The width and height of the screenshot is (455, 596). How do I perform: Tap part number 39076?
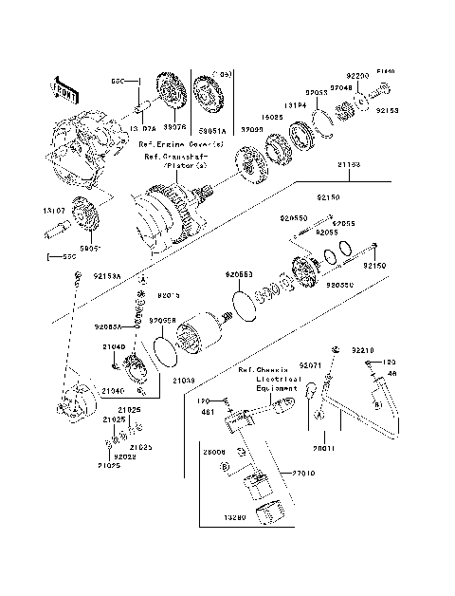click(x=173, y=126)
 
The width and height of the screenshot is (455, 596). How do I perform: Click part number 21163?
click(x=348, y=164)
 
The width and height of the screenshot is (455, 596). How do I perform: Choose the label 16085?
click(x=274, y=119)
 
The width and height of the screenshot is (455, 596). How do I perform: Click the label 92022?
click(x=125, y=456)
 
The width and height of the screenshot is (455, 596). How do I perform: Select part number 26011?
click(x=324, y=446)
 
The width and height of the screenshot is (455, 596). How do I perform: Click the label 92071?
click(x=311, y=364)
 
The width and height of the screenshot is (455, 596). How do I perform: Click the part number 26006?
click(x=214, y=453)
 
